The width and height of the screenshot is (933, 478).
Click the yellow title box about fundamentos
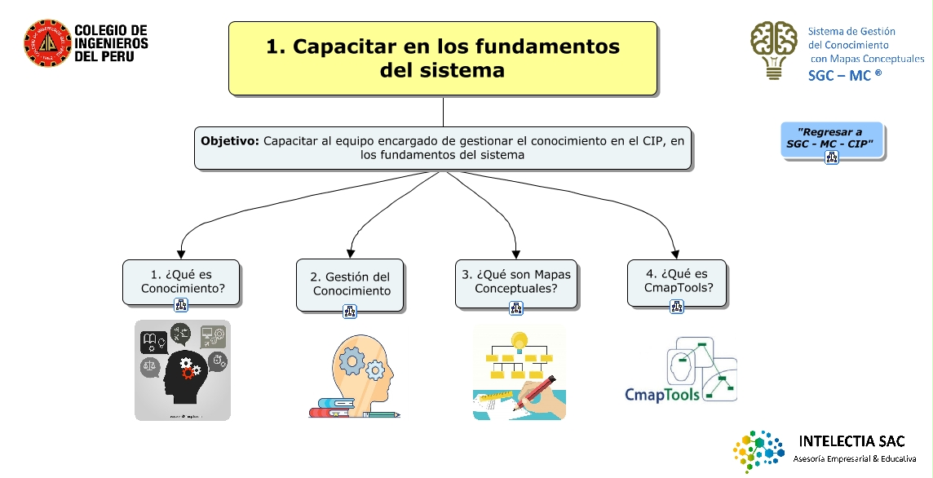click(443, 58)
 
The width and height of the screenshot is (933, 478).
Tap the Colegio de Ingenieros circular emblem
click(46, 42)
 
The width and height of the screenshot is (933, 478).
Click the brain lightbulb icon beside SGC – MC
click(774, 49)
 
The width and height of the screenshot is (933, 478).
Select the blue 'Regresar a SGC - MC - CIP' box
click(830, 141)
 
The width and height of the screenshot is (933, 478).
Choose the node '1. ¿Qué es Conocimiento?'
click(182, 281)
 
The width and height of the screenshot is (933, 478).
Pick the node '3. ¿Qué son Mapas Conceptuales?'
click(516, 281)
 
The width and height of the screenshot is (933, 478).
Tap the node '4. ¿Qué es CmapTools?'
click(677, 281)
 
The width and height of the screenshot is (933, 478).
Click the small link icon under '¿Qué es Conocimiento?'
click(181, 306)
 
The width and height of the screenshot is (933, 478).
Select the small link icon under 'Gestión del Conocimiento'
click(350, 311)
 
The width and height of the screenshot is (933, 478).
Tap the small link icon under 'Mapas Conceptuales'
click(516, 308)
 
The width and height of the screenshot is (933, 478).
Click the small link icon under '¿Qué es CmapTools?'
click(677, 307)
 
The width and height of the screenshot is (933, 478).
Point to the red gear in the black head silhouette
click(188, 372)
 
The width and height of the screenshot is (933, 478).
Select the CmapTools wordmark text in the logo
click(662, 395)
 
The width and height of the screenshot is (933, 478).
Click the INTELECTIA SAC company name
click(852, 441)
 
